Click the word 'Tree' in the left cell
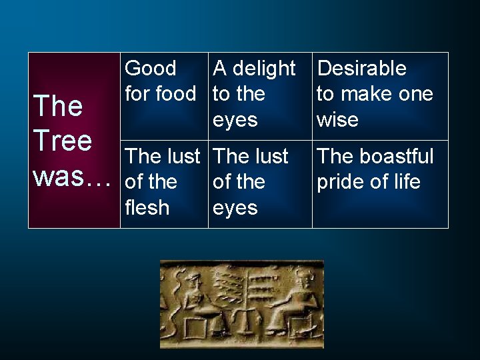pyautogui.click(x=63, y=141)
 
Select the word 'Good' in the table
pyautogui.click(x=151, y=68)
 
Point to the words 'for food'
pyautogui.click(x=161, y=94)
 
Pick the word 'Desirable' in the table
pyautogui.click(x=361, y=68)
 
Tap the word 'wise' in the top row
pyautogui.click(x=337, y=120)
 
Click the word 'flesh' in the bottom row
pyautogui.click(x=147, y=207)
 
